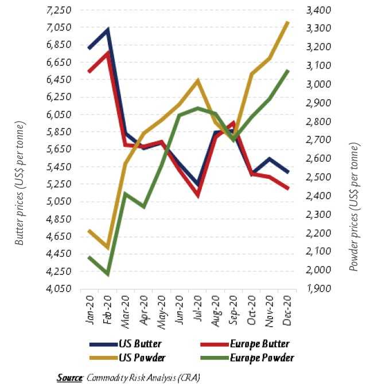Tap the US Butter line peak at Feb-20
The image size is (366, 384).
[108, 29]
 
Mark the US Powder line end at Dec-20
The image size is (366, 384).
[288, 22]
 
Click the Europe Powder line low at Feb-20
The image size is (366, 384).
[107, 275]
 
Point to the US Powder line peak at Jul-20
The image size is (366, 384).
[197, 80]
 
